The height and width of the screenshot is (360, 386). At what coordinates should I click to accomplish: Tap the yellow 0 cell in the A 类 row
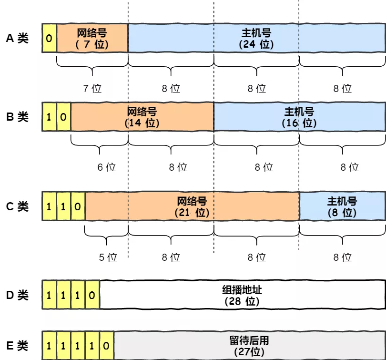click(x=49, y=38)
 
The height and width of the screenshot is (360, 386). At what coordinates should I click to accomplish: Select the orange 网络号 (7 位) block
click(x=92, y=38)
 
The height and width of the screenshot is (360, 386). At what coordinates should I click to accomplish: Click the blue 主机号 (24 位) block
click(x=256, y=38)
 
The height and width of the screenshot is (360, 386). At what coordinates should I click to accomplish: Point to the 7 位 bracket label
click(x=92, y=88)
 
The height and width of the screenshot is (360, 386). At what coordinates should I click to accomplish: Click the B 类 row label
click(x=17, y=116)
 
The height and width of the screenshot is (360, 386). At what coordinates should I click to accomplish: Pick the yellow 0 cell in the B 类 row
click(x=63, y=116)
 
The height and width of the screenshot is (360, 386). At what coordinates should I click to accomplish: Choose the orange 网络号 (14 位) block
click(x=142, y=116)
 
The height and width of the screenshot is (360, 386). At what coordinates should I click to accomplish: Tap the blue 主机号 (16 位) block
click(x=299, y=116)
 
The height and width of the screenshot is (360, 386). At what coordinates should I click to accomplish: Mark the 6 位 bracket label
click(x=106, y=167)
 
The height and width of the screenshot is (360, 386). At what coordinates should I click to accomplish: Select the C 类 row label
click(x=17, y=206)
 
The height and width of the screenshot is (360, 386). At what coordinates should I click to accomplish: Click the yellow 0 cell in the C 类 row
click(x=78, y=206)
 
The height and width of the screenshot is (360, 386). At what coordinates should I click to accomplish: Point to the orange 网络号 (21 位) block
click(x=192, y=206)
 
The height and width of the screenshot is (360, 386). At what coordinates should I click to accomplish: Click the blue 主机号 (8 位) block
click(x=342, y=206)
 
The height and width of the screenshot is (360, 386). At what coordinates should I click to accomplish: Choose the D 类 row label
click(x=17, y=295)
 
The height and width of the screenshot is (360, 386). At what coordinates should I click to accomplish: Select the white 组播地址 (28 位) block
click(x=242, y=295)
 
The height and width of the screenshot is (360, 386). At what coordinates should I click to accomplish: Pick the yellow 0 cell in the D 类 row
click(x=92, y=295)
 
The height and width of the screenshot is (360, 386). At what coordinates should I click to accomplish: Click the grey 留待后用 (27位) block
click(x=249, y=346)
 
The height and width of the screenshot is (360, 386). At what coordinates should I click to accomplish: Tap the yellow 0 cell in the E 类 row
click(x=106, y=346)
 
